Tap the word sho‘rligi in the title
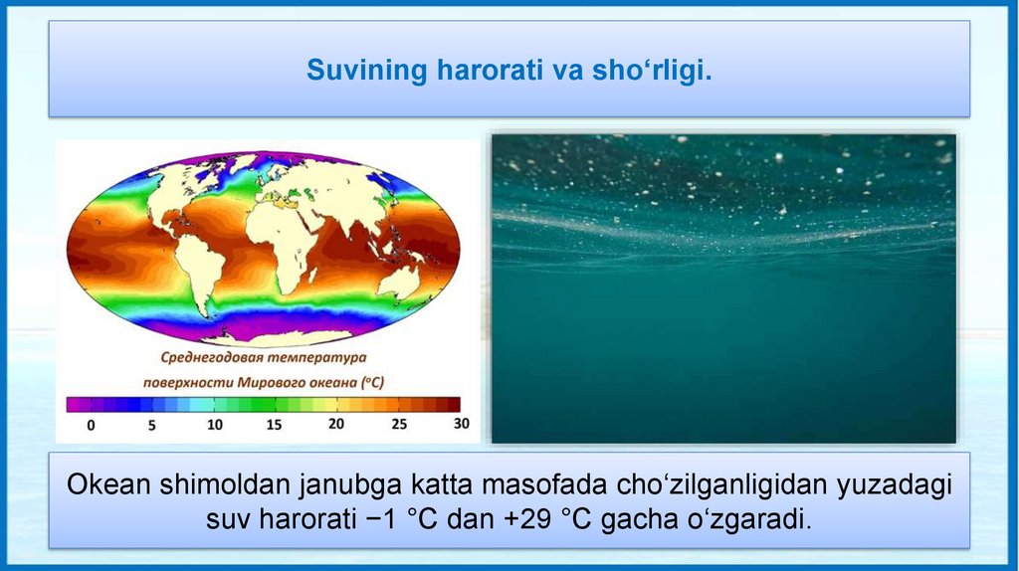652,71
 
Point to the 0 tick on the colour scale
91,426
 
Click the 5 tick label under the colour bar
151,426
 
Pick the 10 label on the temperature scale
215,425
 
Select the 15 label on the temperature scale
274,425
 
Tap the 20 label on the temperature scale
336,424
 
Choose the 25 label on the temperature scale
399,424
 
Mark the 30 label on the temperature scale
462,423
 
